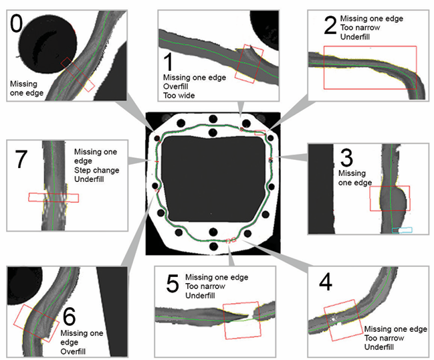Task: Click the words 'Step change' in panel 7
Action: (97, 170)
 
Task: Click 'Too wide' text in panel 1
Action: (179, 96)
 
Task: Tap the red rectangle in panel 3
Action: (390, 199)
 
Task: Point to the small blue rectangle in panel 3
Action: (403, 230)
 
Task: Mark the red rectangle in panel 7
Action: (53, 197)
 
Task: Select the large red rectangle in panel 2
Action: (370, 67)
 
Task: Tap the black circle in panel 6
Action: (24, 281)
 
